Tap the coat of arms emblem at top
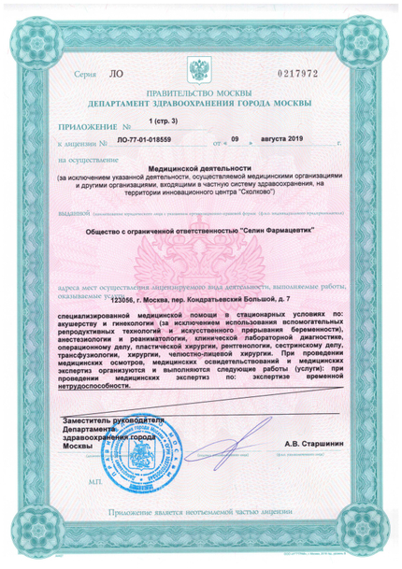(200, 71)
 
